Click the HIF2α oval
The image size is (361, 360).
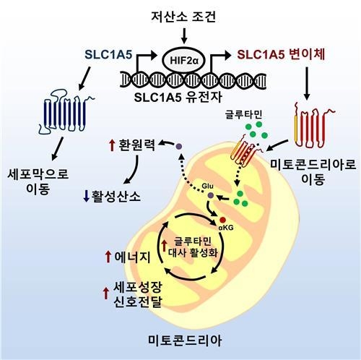(x=184, y=60)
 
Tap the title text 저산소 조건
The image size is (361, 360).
(x=183, y=17)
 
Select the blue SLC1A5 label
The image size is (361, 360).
(x=108, y=55)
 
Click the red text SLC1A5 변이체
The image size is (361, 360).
(x=281, y=55)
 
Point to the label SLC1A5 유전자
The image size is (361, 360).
(x=178, y=98)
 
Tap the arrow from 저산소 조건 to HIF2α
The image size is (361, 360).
(x=184, y=35)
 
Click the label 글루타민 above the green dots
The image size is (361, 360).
(x=243, y=114)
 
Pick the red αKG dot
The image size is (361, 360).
(x=222, y=220)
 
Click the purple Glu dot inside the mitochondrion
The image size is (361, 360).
(x=211, y=195)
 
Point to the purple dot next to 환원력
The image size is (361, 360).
(x=179, y=146)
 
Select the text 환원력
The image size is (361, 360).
(x=136, y=145)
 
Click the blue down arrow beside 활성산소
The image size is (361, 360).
(x=86, y=196)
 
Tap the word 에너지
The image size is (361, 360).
(x=132, y=257)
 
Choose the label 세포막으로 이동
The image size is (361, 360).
(x=38, y=181)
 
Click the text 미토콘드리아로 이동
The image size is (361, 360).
(x=313, y=172)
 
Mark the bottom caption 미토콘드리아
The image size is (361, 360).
(x=185, y=340)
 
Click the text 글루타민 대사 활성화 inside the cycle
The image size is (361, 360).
(x=193, y=247)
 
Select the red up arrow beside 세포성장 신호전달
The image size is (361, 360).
(x=105, y=293)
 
